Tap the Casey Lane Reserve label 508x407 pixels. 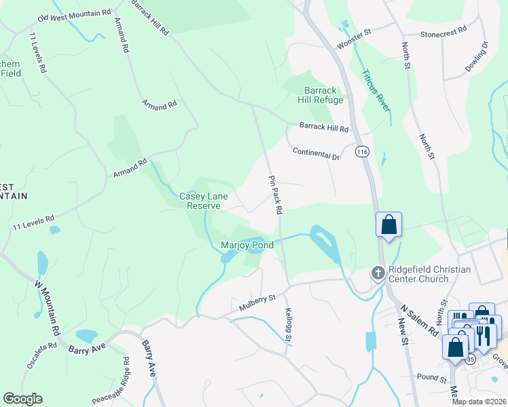click(x=204, y=201)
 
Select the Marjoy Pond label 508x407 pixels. click(x=247, y=244)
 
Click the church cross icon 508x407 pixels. click(x=378, y=273)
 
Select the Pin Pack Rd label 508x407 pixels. click(x=275, y=195)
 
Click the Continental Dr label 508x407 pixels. click(x=316, y=153)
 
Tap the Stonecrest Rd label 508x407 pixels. click(x=443, y=31)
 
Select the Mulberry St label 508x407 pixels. click(x=257, y=303)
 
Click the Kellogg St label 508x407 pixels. click(x=288, y=326)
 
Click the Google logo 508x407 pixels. click(x=22, y=398)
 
